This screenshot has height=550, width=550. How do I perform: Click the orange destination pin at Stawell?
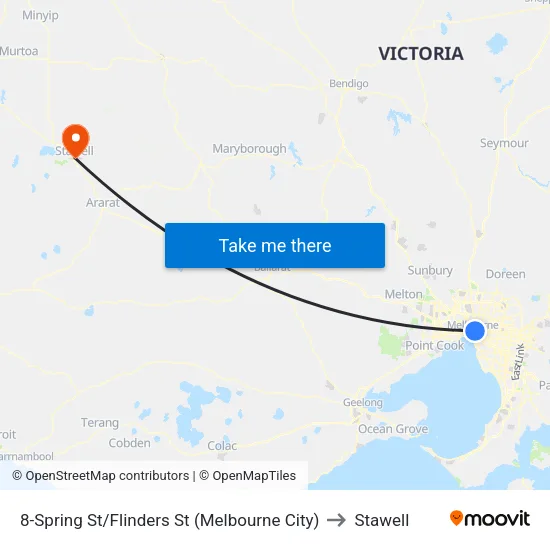click(x=75, y=138)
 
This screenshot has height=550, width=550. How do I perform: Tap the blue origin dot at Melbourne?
click(x=475, y=330)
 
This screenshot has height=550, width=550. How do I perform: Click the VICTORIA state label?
click(x=421, y=54)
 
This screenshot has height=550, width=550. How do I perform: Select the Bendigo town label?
click(x=349, y=84)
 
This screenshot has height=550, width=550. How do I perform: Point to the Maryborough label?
click(x=249, y=149)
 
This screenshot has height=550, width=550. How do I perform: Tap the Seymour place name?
click(x=504, y=143)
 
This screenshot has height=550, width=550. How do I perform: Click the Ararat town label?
click(x=102, y=202)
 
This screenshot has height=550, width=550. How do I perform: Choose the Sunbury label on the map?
click(x=430, y=270)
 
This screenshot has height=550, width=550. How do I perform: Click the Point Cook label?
click(x=435, y=346)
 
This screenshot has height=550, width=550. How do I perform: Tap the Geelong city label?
click(x=363, y=403)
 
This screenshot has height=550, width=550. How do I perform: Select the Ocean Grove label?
click(x=393, y=429)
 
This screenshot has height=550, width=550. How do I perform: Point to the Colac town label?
click(x=221, y=445)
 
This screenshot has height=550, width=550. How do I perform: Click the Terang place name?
click(x=100, y=423)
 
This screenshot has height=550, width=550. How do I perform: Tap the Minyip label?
click(x=40, y=15)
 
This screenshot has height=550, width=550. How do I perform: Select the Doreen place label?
click(x=505, y=274)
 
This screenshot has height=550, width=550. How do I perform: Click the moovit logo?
click(x=489, y=519)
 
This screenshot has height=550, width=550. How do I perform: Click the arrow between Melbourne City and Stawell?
click(x=336, y=520)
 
